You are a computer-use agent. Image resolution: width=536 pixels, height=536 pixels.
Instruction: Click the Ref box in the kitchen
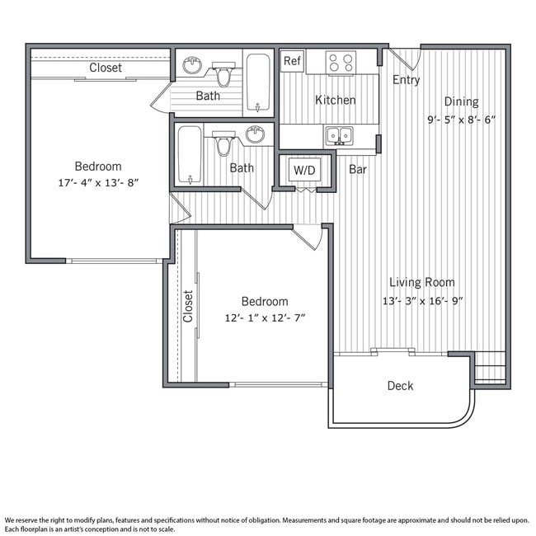coord(292,61)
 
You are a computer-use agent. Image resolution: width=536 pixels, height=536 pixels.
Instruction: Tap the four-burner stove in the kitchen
coord(341,63)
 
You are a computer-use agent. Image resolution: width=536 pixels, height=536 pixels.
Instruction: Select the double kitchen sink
coord(338,135)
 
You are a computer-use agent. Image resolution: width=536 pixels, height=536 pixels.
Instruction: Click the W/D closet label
coord(304,171)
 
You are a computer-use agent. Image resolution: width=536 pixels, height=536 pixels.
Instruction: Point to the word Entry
coord(406,80)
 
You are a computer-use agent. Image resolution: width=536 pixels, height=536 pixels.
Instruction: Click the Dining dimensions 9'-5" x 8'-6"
coord(461,119)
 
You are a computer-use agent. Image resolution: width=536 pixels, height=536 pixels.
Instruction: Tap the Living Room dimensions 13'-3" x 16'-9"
coord(421,300)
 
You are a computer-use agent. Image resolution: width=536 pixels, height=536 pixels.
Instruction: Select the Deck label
coord(400,385)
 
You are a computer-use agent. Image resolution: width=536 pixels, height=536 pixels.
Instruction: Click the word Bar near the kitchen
coord(358,170)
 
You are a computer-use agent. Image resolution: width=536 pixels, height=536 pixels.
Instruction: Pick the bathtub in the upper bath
coord(258,82)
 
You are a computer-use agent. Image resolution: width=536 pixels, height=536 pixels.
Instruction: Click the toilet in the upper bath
coord(223,75)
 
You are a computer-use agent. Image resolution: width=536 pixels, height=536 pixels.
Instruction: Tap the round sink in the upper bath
coord(192,65)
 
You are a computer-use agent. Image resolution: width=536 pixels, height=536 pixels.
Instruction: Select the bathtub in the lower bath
coord(190,154)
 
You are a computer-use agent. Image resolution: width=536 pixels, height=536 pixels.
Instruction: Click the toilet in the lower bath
coord(223,144)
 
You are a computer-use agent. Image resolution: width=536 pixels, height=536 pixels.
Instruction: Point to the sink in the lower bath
coord(255,134)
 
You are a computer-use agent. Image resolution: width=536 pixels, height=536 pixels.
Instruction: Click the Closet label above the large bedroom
coord(106,68)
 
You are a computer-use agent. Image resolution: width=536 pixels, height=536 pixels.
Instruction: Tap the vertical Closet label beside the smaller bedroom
coord(188,306)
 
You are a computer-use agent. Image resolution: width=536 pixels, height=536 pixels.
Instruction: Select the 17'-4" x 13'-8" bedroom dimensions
coord(98,182)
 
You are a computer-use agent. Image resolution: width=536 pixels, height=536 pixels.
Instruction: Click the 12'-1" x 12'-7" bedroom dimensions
coord(265,317)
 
